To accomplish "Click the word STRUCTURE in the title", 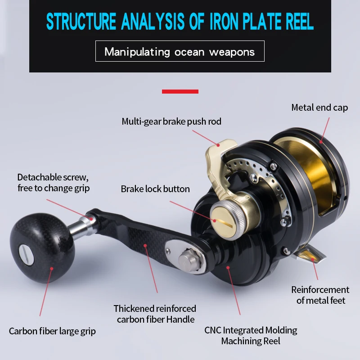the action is (x=81, y=22).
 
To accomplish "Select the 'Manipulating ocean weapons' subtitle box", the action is (x=180, y=51).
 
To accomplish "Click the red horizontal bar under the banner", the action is (x=180, y=91).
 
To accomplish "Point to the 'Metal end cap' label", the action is (x=319, y=108).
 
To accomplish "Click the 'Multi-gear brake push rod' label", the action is (x=171, y=121).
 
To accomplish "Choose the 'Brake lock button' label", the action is (x=155, y=189).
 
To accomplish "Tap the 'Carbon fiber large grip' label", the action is (x=52, y=331).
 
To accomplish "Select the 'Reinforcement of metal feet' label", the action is (x=320, y=295).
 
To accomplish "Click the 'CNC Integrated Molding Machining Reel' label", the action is (x=251, y=335).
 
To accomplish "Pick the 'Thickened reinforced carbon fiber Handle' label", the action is (x=155, y=314).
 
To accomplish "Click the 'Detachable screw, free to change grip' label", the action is (x=53, y=183).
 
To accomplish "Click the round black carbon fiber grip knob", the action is (x=42, y=247).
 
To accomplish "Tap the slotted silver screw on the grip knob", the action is (x=26, y=255).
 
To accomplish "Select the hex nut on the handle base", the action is (x=189, y=260).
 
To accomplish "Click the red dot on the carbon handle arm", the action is (x=145, y=246).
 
